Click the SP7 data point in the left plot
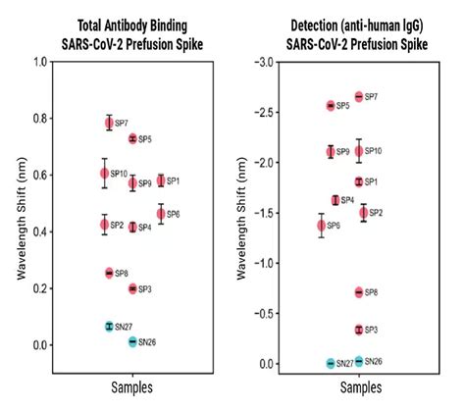coord(109,123)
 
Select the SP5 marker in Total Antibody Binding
coord(132,139)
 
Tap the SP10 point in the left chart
coord(105,174)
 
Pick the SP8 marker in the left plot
coord(109,273)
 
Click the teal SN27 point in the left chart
coord(109,326)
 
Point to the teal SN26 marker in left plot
coord(132,341)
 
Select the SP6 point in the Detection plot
coord(321,226)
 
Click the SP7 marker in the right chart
coord(358,96)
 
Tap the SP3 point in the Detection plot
coord(358,330)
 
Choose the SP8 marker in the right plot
coord(358,292)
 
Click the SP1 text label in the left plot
coord(173,181)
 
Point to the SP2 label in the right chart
coord(375,213)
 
